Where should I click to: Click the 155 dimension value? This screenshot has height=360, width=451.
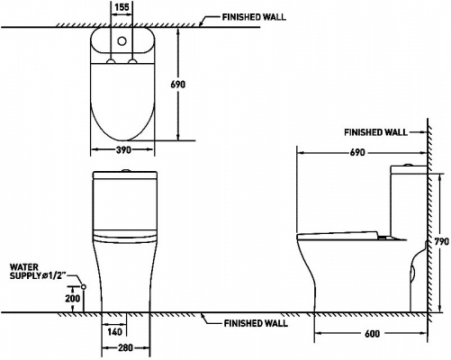122,7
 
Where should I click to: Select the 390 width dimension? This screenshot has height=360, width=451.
123,149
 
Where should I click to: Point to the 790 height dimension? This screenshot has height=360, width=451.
442,241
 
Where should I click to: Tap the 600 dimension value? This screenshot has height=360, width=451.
372,333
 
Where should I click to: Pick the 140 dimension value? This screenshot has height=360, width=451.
114,332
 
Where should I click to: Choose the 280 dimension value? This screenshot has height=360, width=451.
125,347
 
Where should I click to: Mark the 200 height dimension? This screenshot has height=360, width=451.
73,299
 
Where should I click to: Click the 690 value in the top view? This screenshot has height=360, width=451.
178,85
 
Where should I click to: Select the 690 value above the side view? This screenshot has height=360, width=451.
357,153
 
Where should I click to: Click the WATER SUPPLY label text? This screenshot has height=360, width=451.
38,272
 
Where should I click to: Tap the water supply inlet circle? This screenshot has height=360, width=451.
84,287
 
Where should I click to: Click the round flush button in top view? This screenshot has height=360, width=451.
122,41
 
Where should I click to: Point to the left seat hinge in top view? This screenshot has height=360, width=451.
112,61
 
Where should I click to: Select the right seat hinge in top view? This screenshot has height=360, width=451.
132,61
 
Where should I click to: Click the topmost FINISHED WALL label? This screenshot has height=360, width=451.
254,17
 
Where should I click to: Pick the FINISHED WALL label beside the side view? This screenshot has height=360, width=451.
375,132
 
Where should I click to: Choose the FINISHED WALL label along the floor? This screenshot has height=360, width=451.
256,323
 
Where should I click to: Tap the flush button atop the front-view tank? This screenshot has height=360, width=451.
125,171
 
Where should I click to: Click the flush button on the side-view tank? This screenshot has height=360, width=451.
408,165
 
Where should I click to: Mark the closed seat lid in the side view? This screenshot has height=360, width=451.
338,236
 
